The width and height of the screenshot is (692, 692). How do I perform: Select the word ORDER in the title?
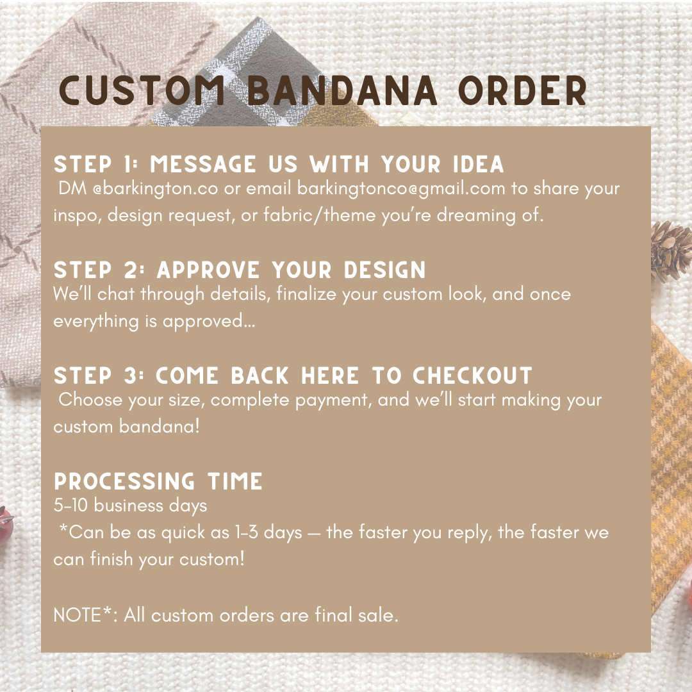[522, 92]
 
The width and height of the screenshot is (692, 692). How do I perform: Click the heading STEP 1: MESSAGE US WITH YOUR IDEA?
[279, 165]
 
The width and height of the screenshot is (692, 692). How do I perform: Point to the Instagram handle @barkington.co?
[156, 189]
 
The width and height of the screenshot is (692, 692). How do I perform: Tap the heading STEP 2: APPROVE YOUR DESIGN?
[240, 270]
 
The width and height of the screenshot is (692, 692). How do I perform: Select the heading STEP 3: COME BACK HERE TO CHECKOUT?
[293, 375]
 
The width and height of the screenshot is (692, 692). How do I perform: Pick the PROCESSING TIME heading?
[158, 481]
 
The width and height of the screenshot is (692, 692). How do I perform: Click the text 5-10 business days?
[130, 506]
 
